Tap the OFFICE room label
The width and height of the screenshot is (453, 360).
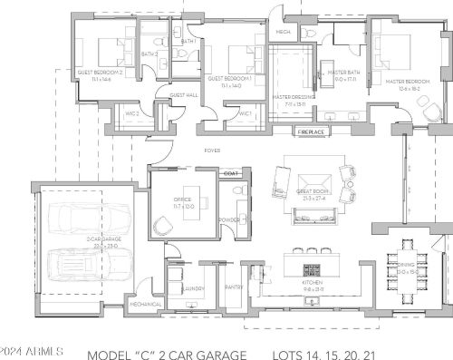(x=170, y=204)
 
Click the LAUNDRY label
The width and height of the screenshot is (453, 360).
(x=192, y=287)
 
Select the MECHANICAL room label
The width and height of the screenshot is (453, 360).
(x=146, y=305)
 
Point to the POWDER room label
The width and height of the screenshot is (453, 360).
(x=229, y=219)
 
